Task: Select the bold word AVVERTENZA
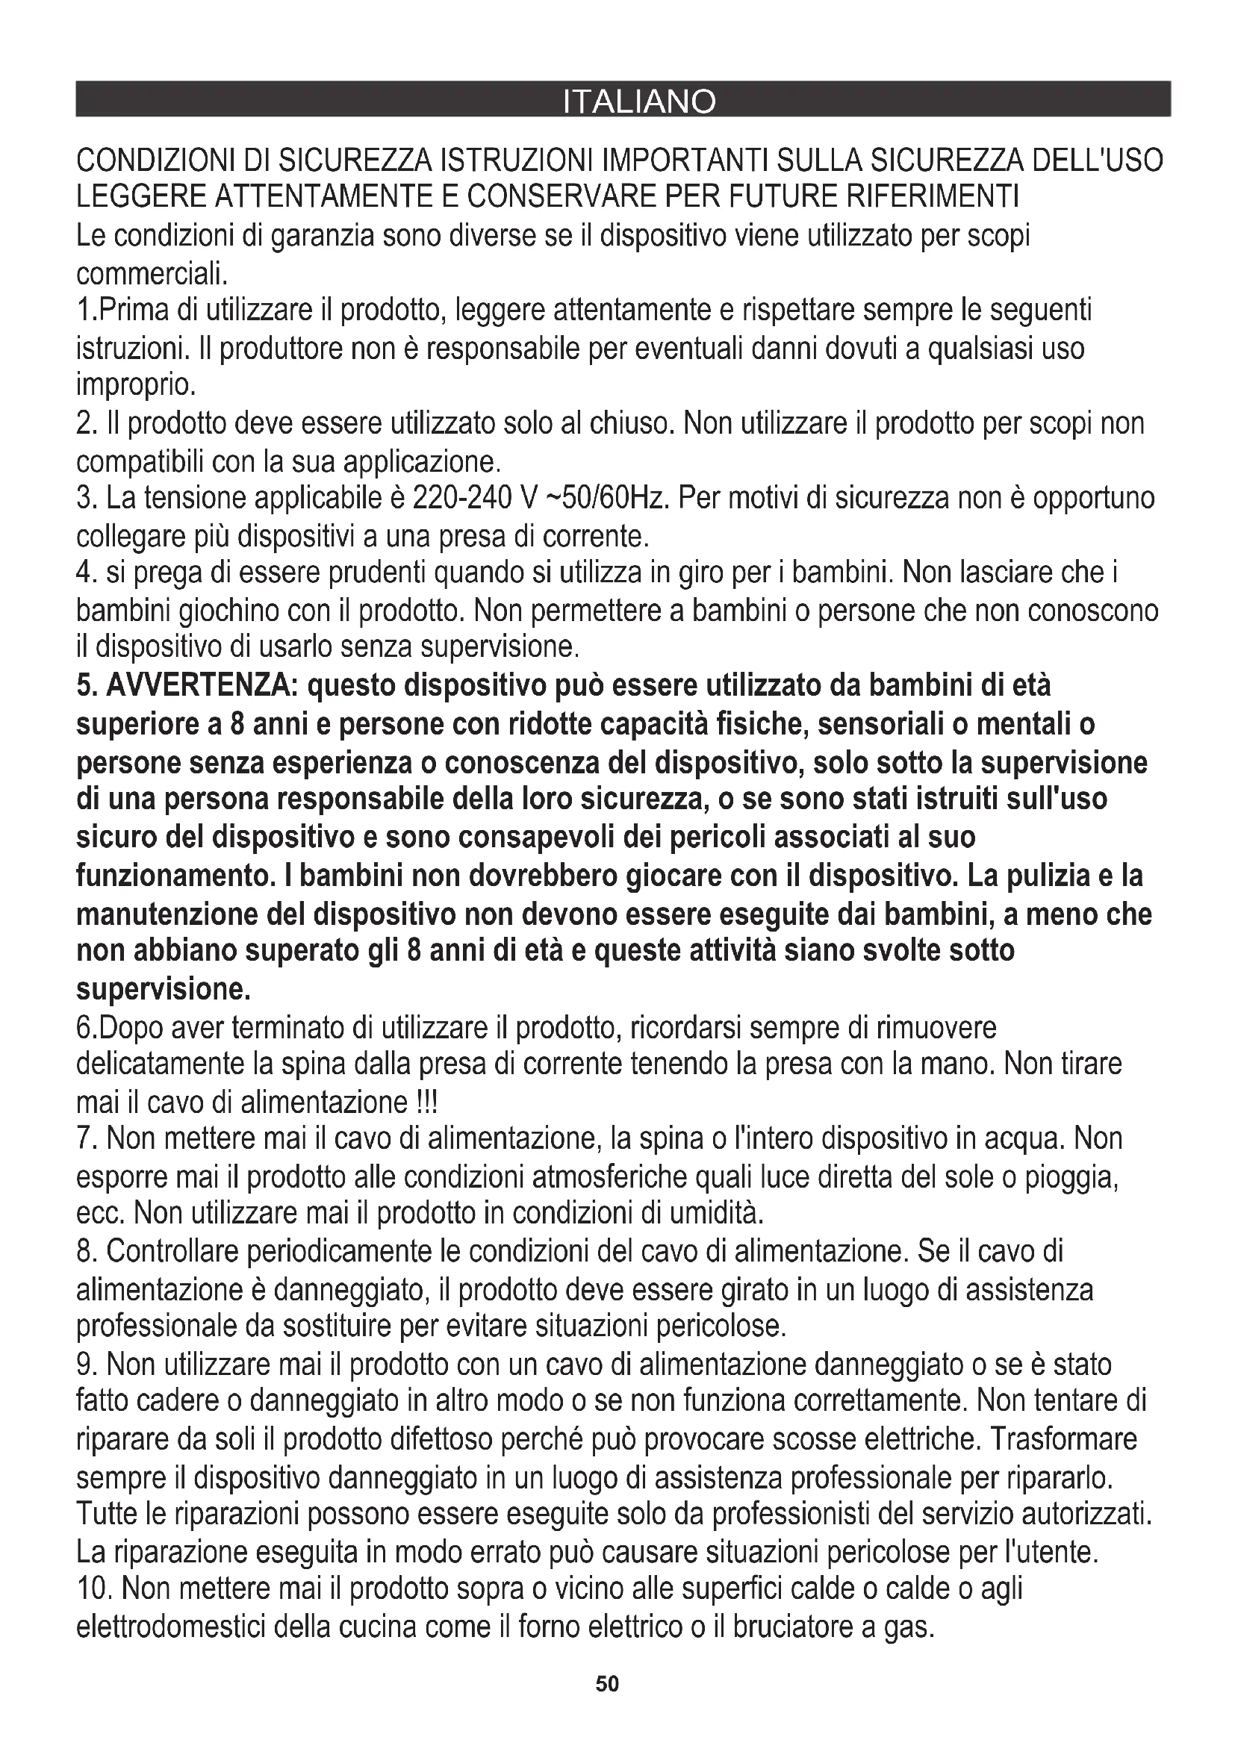(200, 686)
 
